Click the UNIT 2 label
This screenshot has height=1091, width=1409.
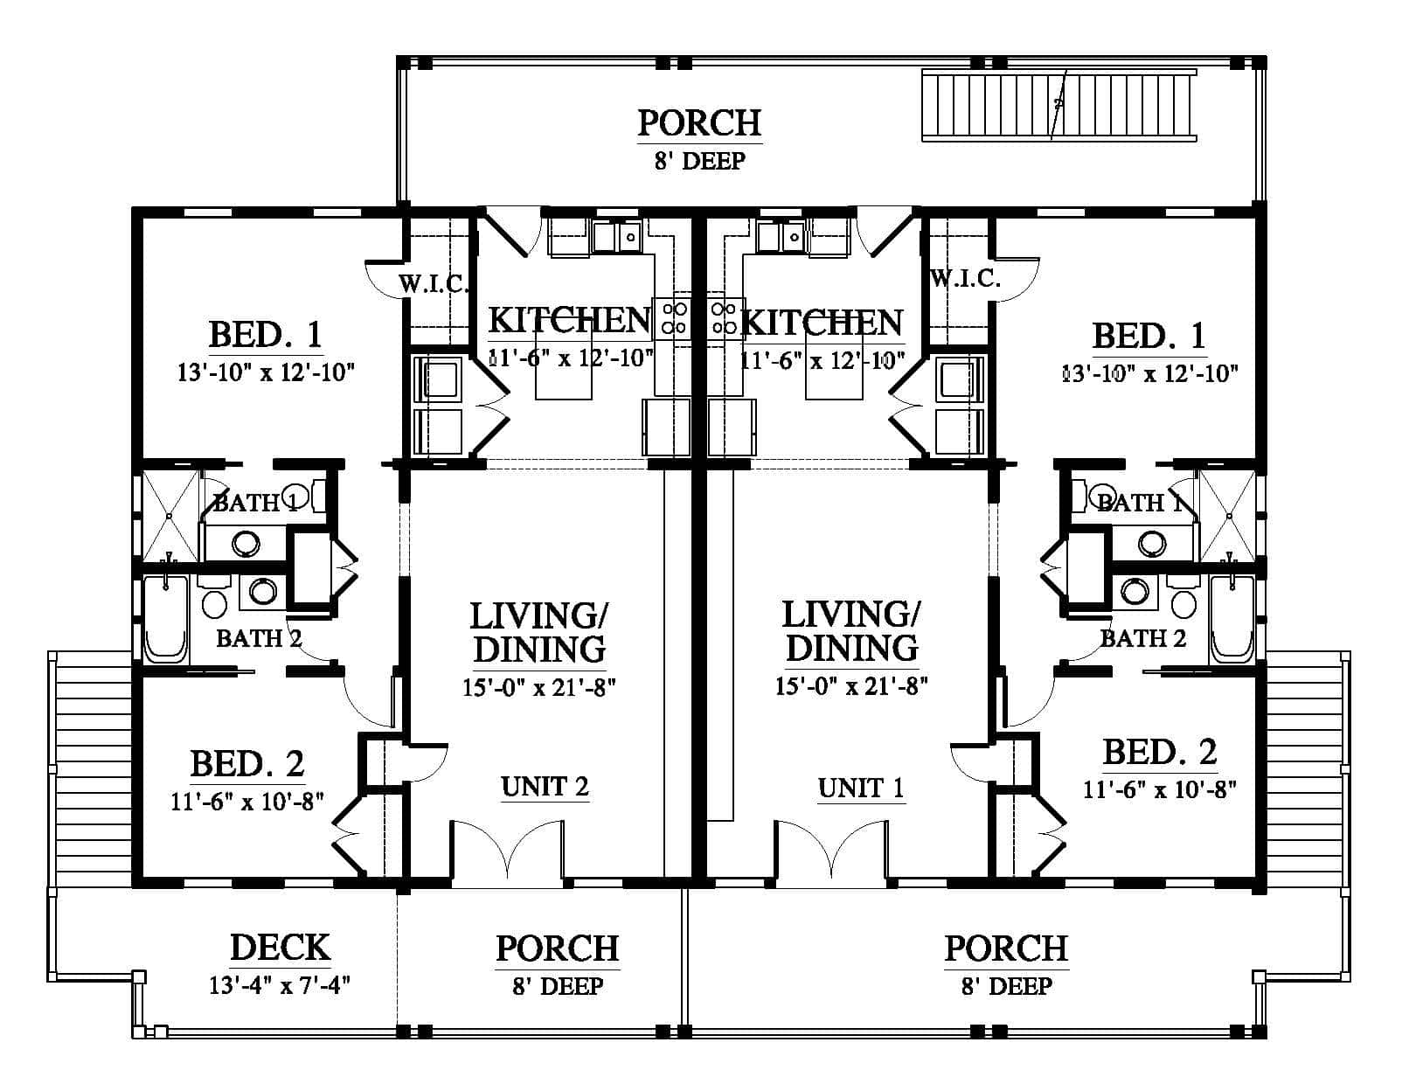point(545,786)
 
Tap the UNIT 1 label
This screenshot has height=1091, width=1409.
point(860,788)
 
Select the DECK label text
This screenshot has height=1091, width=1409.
point(280,947)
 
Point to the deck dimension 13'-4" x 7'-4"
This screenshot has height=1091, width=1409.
point(280,985)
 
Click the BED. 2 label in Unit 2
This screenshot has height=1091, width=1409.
point(247,764)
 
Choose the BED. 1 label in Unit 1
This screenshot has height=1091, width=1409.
point(1149,336)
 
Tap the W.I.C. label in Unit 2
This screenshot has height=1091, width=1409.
point(434,283)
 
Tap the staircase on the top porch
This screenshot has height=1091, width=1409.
point(1058,105)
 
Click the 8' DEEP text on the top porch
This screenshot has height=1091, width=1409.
point(699,160)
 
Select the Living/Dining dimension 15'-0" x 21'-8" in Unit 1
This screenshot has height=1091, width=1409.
point(851,686)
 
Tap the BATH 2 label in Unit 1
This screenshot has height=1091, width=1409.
point(1143,638)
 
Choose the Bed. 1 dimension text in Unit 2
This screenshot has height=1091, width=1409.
point(266,372)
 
